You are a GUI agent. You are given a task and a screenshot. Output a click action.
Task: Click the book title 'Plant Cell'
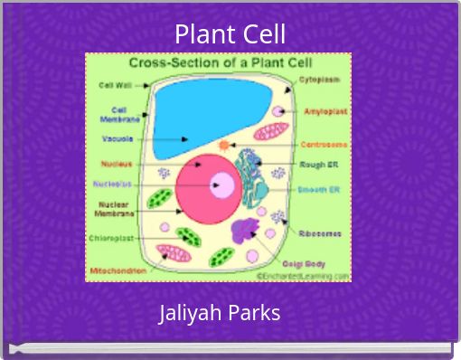coord(230,34)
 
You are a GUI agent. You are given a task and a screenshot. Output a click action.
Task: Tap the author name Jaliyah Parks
coord(220,314)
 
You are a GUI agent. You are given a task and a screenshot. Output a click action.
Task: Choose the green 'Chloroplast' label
coord(112,238)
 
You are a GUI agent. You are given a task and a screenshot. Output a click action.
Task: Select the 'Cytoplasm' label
coord(320,80)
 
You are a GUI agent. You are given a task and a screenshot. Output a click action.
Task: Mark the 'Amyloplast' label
coord(322,111)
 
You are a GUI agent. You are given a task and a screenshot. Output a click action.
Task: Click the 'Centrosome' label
coord(321,143)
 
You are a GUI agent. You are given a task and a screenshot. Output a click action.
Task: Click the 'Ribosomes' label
coord(320,232)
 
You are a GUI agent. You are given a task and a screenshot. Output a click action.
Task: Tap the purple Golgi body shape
coord(244,232)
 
